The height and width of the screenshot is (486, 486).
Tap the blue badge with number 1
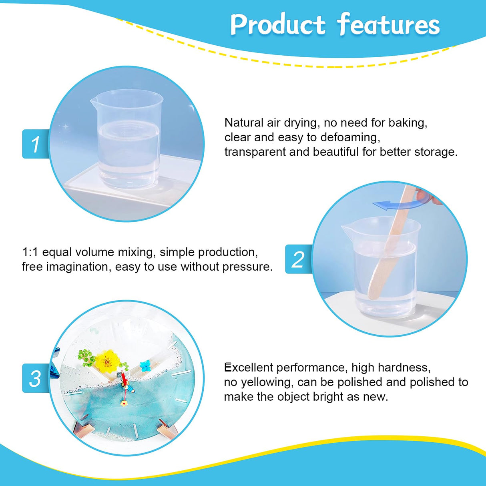coord(35,144)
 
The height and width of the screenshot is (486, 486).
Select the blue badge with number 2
coord(298,259)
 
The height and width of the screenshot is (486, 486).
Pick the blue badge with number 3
coord(35,378)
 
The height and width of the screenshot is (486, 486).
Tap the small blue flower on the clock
coord(145,365)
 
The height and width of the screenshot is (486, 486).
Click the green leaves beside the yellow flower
coord(86,358)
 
